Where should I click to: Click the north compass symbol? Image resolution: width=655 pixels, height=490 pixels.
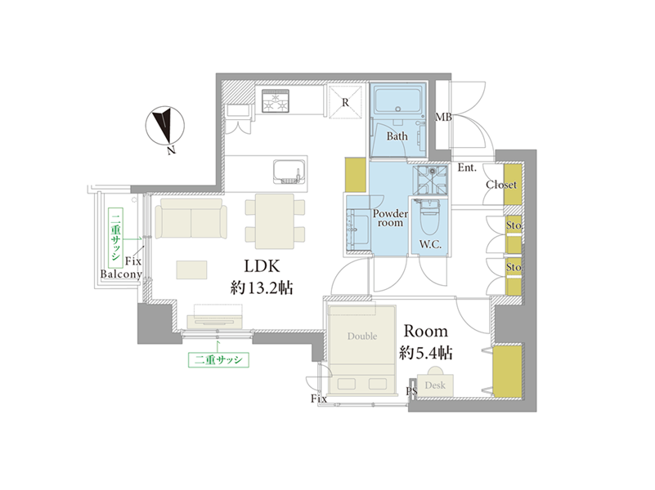pyautogui.click(x=165, y=126)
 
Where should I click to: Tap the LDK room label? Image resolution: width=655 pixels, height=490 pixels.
pyautogui.click(x=262, y=266)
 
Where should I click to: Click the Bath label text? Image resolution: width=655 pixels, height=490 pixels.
pyautogui.click(x=397, y=136)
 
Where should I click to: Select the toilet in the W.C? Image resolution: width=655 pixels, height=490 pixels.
pyautogui.click(x=429, y=217)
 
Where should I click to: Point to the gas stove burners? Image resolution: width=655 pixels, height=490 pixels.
pyautogui.click(x=276, y=101)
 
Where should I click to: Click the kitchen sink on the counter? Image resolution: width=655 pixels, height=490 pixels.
pyautogui.click(x=288, y=171)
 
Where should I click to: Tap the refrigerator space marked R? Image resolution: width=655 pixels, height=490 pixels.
pyautogui.click(x=345, y=101)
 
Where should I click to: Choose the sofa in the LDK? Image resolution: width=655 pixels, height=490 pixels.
pyautogui.click(x=191, y=219)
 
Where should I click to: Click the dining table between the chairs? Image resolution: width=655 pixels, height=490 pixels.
pyautogui.click(x=275, y=221)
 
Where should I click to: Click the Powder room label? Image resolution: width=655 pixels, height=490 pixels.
pyautogui.click(x=390, y=218)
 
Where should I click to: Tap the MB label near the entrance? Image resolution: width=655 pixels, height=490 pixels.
pyautogui.click(x=444, y=117)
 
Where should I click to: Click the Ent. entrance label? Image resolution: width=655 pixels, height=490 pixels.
pyautogui.click(x=467, y=167)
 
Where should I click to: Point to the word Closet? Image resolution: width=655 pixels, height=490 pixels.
pyautogui.click(x=500, y=185)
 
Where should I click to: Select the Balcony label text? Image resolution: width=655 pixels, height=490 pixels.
pyautogui.click(x=121, y=274)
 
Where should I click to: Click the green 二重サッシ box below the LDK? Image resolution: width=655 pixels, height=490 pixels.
pyautogui.click(x=218, y=360)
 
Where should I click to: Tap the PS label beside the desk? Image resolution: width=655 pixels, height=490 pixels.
pyautogui.click(x=411, y=391)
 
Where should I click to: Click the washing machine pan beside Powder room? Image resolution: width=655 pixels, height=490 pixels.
pyautogui.click(x=430, y=180)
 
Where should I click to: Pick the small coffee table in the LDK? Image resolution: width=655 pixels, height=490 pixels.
pyautogui.click(x=191, y=269)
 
